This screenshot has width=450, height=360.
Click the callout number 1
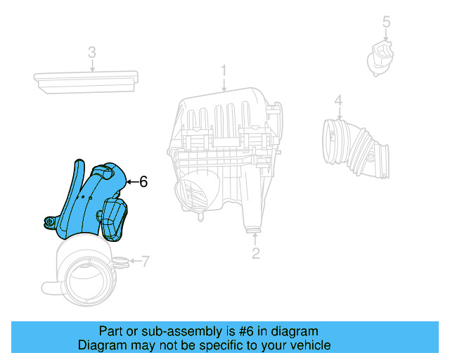click(x=224, y=70)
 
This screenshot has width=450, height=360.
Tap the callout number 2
click(x=256, y=253)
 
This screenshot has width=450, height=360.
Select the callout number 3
click(x=91, y=53)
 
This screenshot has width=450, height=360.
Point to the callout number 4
click(x=338, y=101)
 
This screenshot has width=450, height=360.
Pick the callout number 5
click(x=386, y=22)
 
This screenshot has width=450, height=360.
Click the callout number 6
click(x=143, y=181)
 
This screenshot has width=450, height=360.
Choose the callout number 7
click(x=146, y=262)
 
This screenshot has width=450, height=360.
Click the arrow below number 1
click(x=224, y=85)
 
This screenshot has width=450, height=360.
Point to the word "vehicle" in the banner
click(x=307, y=345)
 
